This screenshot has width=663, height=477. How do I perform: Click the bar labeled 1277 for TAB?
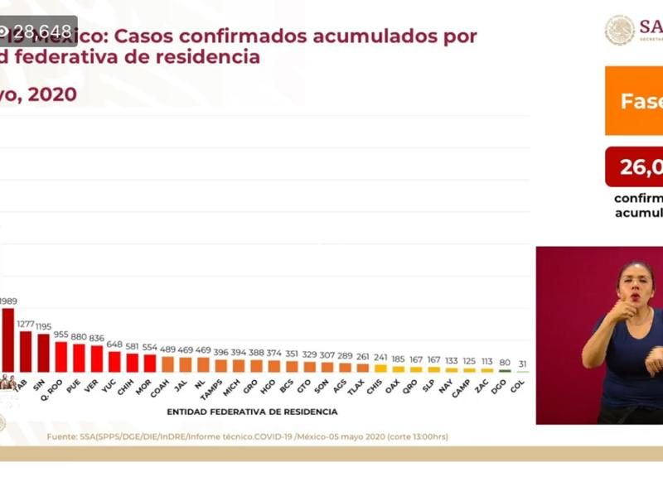(x=26, y=352)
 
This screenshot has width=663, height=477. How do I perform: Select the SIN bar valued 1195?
(x=43, y=354)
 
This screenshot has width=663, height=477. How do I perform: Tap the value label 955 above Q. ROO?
(x=61, y=335)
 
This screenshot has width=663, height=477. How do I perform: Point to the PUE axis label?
(x=77, y=385)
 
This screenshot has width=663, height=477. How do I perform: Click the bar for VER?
(x=97, y=359)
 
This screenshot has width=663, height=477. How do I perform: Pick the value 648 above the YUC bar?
(x=114, y=344)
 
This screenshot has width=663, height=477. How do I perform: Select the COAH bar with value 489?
(x=167, y=364)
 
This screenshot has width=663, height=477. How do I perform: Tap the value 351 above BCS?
(x=292, y=352)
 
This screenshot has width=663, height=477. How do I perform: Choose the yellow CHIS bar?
(x=380, y=369)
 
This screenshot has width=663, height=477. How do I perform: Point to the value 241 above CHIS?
(x=380, y=358)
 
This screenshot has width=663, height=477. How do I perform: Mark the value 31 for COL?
(x=521, y=364)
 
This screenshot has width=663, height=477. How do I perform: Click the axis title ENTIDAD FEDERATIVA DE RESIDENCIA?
(x=252, y=412)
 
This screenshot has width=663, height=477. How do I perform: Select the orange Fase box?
(x=634, y=101)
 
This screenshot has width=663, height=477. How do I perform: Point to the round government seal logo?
(x=619, y=30)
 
